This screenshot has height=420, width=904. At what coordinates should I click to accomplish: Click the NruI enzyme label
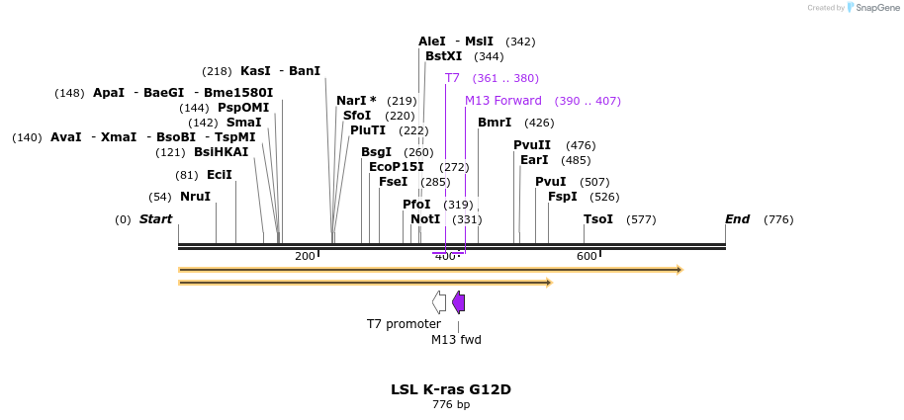[195, 197]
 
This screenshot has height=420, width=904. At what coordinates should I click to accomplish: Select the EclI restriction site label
[219, 175]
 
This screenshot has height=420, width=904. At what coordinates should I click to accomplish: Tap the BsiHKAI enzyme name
[221, 152]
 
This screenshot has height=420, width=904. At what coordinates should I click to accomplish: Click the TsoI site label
[598, 219]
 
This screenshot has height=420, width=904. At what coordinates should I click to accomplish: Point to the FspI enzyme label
[562, 197]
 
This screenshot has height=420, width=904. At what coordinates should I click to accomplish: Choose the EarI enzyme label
[534, 160]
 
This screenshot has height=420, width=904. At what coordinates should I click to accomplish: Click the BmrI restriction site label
[495, 123]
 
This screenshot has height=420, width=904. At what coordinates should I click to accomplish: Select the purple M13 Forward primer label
[503, 101]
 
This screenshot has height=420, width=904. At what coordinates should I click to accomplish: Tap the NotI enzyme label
[425, 219]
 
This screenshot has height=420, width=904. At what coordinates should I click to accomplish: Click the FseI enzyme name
[393, 182]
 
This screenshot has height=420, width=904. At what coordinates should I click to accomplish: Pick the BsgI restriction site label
[377, 152]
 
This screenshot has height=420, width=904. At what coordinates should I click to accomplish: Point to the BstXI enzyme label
[443, 56]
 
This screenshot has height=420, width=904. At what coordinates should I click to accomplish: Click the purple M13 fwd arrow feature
[458, 302]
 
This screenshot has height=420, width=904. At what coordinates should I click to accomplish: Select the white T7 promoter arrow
[439, 302]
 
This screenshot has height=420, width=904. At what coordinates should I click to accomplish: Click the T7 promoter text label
[404, 324]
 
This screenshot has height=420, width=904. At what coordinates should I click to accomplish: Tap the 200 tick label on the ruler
[305, 257]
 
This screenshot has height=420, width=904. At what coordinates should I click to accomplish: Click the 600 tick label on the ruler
[587, 257]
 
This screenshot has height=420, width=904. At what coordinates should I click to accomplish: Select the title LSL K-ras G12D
[451, 389]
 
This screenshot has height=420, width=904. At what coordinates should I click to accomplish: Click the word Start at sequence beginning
[155, 219]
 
